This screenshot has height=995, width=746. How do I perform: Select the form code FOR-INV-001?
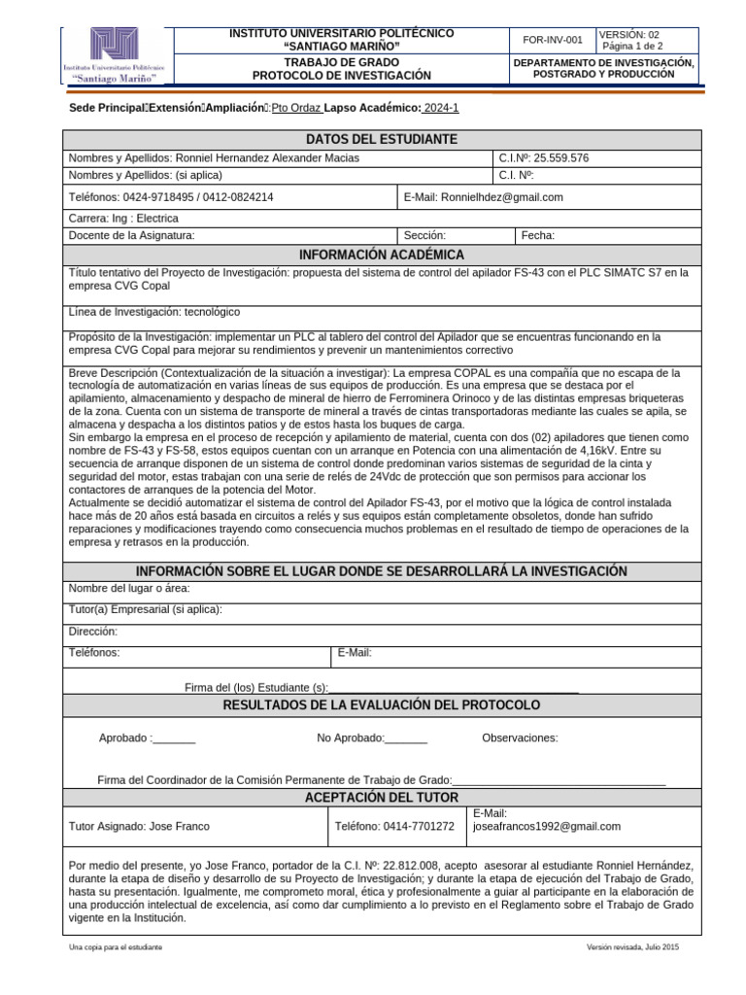point(553,40)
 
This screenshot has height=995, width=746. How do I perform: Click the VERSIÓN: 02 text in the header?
point(636,33)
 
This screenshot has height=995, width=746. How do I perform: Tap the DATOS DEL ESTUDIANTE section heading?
point(381,140)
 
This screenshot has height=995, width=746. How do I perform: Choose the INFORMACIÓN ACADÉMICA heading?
point(381,255)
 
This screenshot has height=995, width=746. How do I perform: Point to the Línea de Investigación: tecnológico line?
point(154,312)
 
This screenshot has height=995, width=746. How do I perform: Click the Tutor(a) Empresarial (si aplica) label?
point(146,609)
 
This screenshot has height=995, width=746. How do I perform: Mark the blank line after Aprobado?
point(174,738)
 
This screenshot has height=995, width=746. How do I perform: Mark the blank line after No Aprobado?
point(406,738)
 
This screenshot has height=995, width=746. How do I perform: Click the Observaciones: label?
point(520,738)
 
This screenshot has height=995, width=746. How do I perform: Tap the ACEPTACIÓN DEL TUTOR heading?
point(381,798)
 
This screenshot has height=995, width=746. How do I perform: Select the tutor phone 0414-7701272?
point(393,827)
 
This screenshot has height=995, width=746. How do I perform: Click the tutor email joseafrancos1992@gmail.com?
point(546,827)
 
